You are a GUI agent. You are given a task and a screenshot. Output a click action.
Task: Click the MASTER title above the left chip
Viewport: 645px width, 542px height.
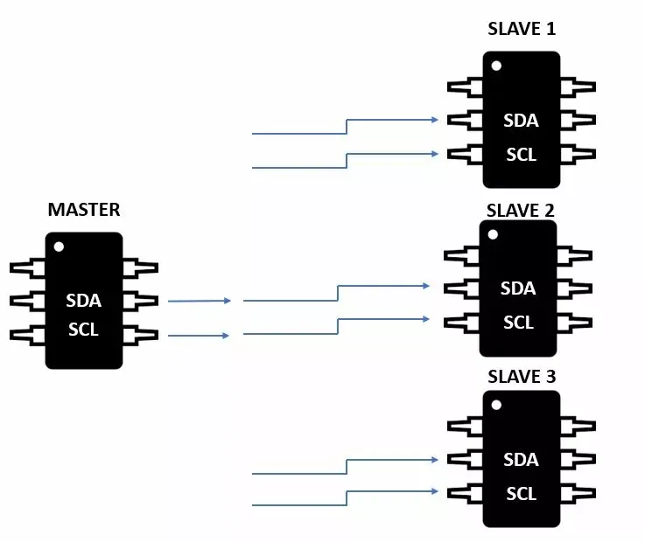(x=84, y=210)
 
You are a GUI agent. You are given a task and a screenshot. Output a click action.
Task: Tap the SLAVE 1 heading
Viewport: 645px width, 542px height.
(x=522, y=29)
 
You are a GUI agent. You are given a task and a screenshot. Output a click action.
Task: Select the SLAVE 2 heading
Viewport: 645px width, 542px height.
(x=521, y=211)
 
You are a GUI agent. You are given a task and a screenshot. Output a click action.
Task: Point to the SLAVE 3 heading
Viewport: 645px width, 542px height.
(x=522, y=377)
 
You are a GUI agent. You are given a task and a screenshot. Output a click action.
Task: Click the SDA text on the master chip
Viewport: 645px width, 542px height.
(x=83, y=301)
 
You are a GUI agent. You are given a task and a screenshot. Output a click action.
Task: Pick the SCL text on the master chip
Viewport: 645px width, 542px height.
(x=83, y=330)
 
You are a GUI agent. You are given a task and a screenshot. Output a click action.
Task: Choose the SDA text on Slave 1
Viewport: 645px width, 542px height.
(x=521, y=121)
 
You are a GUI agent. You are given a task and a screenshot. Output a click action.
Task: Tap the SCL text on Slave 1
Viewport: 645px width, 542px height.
(x=522, y=155)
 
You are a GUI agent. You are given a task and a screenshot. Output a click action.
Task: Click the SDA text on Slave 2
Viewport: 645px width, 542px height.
(x=518, y=288)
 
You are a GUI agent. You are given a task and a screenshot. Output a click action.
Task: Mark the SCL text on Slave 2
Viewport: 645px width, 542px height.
(x=518, y=323)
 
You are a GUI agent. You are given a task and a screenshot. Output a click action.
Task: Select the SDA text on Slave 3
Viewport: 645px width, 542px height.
(x=521, y=460)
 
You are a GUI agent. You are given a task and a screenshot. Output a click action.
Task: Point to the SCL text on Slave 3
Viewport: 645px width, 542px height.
(x=522, y=494)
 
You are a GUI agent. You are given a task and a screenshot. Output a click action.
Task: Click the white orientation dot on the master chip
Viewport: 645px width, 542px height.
(x=59, y=247)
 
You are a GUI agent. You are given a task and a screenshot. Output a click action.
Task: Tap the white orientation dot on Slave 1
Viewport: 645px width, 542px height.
(x=496, y=66)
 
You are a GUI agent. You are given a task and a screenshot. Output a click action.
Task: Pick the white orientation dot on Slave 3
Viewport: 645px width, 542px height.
(x=496, y=405)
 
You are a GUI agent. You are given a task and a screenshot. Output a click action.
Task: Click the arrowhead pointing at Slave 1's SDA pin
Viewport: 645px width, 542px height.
(x=434, y=120)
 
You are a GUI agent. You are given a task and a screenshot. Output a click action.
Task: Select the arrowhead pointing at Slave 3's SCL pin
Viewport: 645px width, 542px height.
(x=434, y=491)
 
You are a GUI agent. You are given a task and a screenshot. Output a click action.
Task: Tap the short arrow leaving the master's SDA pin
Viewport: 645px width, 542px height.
(x=199, y=301)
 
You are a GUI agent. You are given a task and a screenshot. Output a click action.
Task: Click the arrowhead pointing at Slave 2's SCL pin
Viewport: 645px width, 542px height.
(x=425, y=319)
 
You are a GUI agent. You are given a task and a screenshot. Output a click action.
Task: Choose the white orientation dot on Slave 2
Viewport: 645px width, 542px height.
(x=493, y=234)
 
